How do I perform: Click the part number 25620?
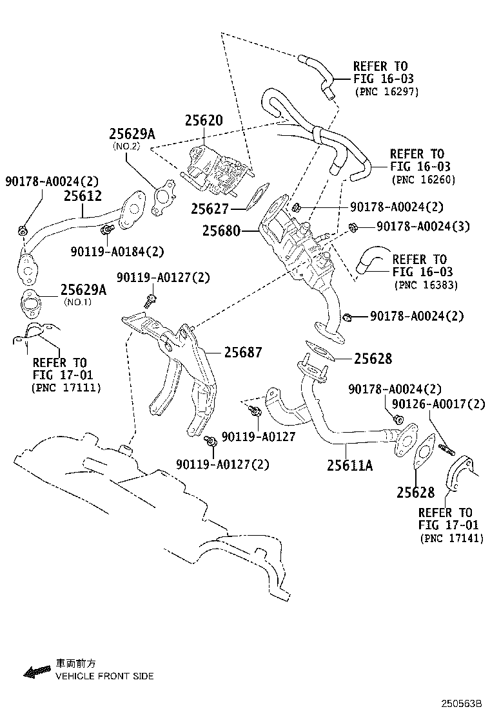point(203,120)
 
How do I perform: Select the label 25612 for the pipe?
point(83,195)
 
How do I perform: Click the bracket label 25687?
point(243,352)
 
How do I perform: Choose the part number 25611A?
point(349,464)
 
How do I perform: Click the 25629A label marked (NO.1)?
point(83,290)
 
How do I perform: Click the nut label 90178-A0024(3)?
point(423,226)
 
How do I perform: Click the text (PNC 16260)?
point(423,180)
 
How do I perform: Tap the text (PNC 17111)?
point(66,388)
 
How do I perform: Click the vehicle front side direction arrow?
point(37,671)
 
